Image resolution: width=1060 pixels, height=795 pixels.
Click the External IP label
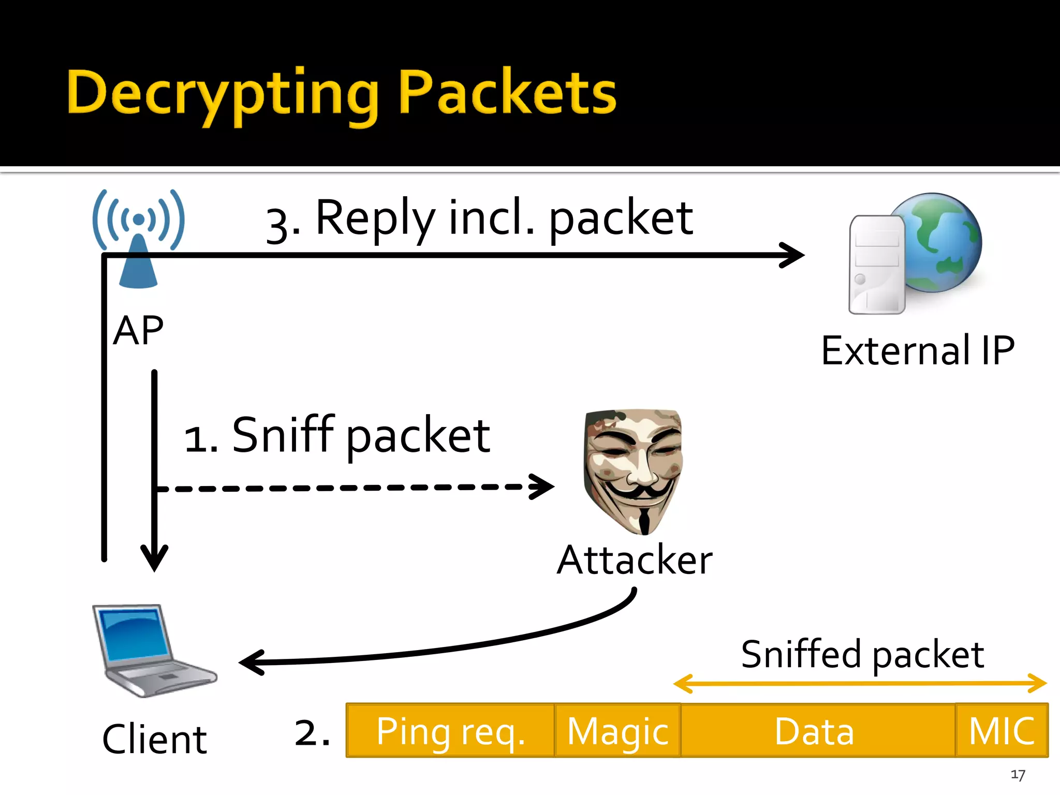click(x=917, y=351)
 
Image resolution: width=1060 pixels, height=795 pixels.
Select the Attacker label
click(x=635, y=560)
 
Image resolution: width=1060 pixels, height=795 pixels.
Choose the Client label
click(x=154, y=739)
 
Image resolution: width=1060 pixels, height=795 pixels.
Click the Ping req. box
click(x=450, y=731)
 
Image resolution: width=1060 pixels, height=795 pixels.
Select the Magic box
click(x=617, y=731)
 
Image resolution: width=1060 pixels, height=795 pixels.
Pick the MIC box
click(x=1002, y=731)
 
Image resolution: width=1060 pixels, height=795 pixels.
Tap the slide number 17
click(x=1018, y=775)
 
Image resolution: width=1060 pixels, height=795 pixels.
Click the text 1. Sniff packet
click(x=336, y=436)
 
